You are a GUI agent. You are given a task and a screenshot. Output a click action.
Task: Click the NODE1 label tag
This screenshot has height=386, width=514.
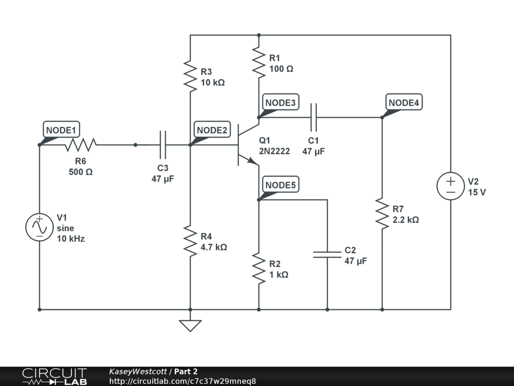click(x=61, y=130)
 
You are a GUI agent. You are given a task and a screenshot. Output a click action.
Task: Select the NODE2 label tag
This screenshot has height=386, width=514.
click(x=212, y=130)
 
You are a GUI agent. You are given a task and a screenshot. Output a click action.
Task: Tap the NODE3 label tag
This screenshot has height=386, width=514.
click(x=281, y=103)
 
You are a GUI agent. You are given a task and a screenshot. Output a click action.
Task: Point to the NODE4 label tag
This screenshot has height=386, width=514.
click(x=404, y=103)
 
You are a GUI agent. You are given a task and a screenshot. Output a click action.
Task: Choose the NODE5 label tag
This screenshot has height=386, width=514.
click(x=281, y=185)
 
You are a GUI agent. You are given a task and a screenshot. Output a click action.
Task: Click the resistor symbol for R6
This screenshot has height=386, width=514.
click(x=80, y=145)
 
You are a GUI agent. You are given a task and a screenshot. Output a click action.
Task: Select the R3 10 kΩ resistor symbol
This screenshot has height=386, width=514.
click(x=190, y=76)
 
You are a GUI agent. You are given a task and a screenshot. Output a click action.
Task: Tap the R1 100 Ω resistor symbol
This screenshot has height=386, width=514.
click(x=259, y=62)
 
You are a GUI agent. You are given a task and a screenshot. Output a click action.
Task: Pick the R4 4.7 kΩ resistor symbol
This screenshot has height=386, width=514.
click(x=190, y=241)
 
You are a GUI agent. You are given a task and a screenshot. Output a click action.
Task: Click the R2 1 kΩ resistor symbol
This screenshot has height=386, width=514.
click(x=259, y=268)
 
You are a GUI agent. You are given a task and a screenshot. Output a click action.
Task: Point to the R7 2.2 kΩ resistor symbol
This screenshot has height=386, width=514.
click(x=382, y=214)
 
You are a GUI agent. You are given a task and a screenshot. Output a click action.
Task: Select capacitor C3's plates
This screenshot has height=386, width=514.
click(x=163, y=145)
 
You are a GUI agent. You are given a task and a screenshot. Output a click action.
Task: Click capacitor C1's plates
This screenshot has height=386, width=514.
click(x=314, y=117)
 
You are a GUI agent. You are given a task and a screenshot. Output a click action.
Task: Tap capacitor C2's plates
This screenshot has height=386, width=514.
click(x=327, y=254)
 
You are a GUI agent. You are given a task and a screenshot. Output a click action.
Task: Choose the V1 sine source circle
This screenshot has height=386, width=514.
click(x=39, y=227)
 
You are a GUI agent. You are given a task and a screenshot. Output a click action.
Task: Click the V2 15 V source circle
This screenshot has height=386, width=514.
click(x=450, y=186)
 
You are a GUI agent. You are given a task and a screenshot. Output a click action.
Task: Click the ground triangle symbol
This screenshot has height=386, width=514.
click(x=190, y=326)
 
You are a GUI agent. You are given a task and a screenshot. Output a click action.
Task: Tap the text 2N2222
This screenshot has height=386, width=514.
click(x=275, y=151)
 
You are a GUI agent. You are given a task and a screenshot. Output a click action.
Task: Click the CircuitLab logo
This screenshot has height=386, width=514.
click(x=54, y=376)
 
